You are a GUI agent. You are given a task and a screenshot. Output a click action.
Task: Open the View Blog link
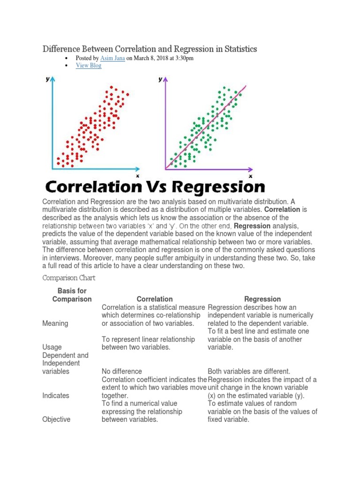[89, 66]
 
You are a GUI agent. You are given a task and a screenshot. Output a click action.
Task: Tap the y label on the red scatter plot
[47, 80]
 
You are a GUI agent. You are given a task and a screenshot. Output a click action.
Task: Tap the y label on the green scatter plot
[160, 80]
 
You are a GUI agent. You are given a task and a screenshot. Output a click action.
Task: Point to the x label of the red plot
[137, 176]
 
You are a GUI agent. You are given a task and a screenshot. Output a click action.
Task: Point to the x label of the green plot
[250, 176]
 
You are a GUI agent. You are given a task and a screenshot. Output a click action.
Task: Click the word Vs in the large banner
[159, 187]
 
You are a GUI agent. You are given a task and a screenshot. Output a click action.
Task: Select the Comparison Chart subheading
[69, 278]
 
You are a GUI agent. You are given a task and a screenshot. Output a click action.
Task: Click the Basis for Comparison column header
[72, 295]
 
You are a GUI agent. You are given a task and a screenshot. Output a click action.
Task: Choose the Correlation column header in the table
[155, 299]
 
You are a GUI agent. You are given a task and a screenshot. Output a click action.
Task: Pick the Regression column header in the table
[262, 299]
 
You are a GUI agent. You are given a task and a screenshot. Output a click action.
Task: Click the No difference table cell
[122, 371]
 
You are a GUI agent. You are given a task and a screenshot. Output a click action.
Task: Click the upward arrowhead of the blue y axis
[53, 80]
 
